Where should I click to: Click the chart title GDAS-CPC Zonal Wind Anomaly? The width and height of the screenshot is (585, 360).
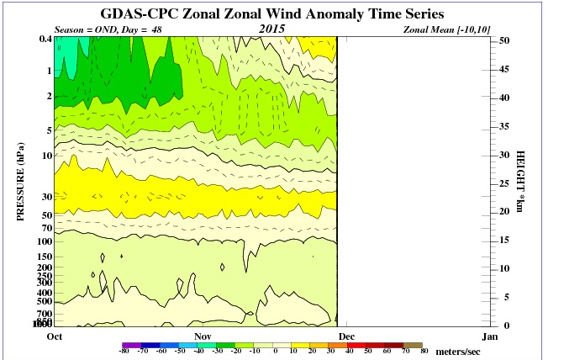click(x=285, y=14)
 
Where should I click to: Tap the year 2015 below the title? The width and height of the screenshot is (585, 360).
click(x=272, y=29)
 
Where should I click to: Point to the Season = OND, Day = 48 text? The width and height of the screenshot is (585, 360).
click(x=108, y=29)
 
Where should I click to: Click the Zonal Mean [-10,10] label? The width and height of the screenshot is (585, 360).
click(x=445, y=29)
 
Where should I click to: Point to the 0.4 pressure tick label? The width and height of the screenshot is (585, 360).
click(x=44, y=40)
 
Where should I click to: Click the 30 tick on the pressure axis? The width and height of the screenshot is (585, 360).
click(x=46, y=197)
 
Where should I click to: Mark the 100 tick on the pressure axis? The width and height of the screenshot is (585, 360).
click(x=45, y=241)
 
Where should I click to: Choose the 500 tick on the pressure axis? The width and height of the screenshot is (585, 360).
click(x=45, y=300)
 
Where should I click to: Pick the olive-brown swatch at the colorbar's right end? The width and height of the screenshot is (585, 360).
click(x=412, y=345)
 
